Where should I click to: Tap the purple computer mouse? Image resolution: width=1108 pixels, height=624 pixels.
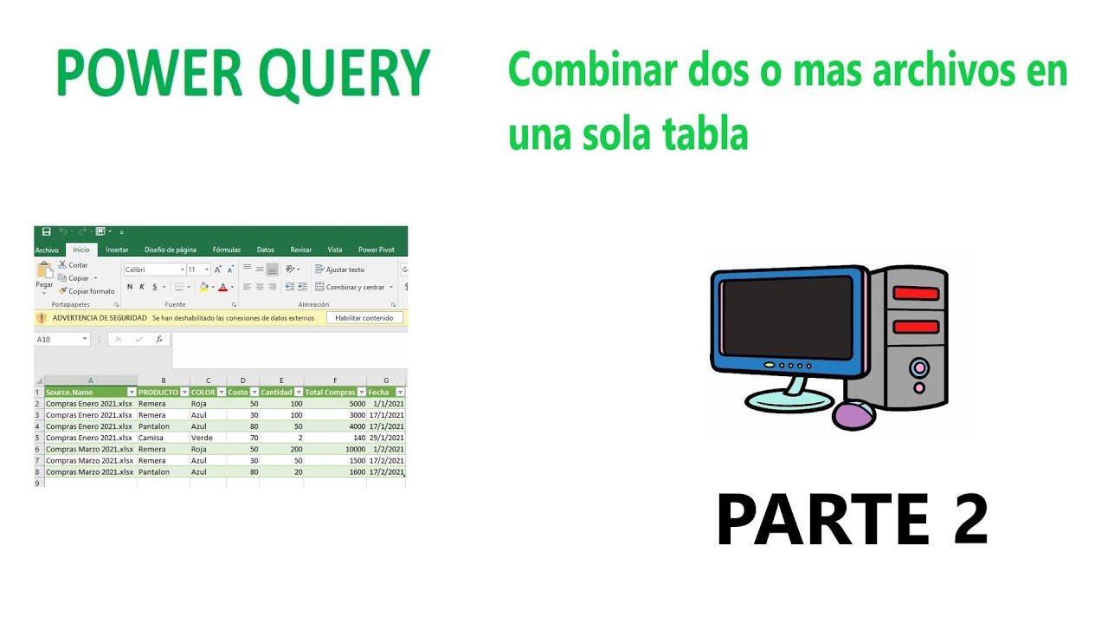point(855,416)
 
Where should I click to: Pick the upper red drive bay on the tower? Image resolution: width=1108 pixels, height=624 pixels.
point(915,293)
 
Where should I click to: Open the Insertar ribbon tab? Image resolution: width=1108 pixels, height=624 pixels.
point(117,250)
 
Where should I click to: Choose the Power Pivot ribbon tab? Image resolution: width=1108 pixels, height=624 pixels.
point(376,250)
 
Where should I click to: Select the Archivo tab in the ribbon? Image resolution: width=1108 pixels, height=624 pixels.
point(47,250)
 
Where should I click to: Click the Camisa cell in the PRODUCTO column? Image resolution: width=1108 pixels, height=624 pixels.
point(151,438)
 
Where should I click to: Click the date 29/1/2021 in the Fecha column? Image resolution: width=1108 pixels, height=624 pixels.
point(386,438)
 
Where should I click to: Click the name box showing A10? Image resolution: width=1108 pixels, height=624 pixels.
point(58,340)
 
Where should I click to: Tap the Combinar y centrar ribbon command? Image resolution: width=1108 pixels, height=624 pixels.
point(354,287)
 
